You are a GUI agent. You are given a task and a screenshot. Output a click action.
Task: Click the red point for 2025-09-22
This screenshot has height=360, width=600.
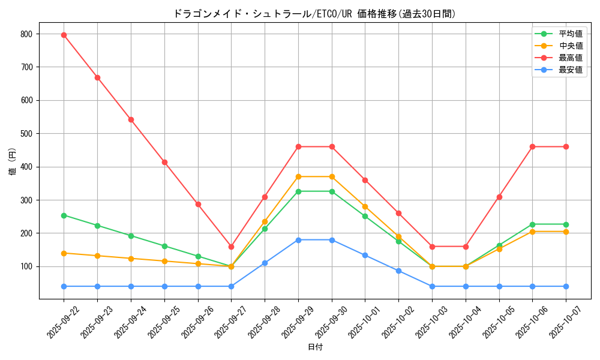(x=64, y=35)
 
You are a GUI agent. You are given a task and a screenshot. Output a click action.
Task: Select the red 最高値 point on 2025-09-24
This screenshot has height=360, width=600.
(x=131, y=119)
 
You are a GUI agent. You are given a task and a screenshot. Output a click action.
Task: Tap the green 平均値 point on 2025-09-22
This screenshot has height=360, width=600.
(x=64, y=215)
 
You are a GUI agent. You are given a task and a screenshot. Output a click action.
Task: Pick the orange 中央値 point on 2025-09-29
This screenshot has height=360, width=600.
(x=298, y=176)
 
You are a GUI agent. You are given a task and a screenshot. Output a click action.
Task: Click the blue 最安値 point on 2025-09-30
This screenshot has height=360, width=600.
(x=332, y=240)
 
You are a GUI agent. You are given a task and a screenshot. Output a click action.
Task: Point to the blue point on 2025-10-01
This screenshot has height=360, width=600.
(x=365, y=255)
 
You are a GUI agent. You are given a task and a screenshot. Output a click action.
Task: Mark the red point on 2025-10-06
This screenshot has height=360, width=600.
(x=532, y=146)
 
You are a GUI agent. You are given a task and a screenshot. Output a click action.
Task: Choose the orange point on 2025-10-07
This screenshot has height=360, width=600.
(x=566, y=232)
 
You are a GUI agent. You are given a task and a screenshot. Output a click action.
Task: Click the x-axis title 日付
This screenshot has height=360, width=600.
(x=315, y=347)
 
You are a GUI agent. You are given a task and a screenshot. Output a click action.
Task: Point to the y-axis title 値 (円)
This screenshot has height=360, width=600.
(x=13, y=162)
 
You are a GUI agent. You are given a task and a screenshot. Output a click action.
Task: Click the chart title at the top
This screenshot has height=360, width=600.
(x=314, y=14)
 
